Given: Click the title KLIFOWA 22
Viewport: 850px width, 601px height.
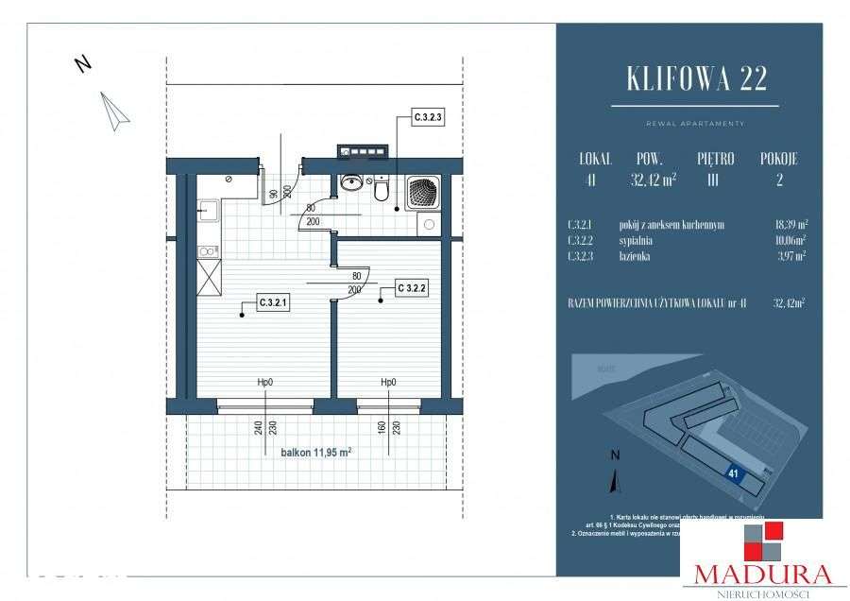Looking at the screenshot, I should (x=696, y=79).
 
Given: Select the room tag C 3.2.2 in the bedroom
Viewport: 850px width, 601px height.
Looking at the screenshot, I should (x=412, y=287).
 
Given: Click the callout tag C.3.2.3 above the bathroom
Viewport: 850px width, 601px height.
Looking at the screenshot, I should (x=428, y=118).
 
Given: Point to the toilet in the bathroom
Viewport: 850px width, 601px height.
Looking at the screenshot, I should (x=382, y=191).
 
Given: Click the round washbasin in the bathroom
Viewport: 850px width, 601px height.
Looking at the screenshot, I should (x=351, y=182).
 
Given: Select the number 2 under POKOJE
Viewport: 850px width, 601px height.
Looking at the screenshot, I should (x=779, y=180).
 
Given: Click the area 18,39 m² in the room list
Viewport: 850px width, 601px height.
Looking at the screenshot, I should (x=789, y=225).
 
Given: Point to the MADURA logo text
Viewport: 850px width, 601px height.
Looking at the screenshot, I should (x=763, y=572).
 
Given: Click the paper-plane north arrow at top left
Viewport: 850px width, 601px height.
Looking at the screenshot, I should (x=115, y=111).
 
